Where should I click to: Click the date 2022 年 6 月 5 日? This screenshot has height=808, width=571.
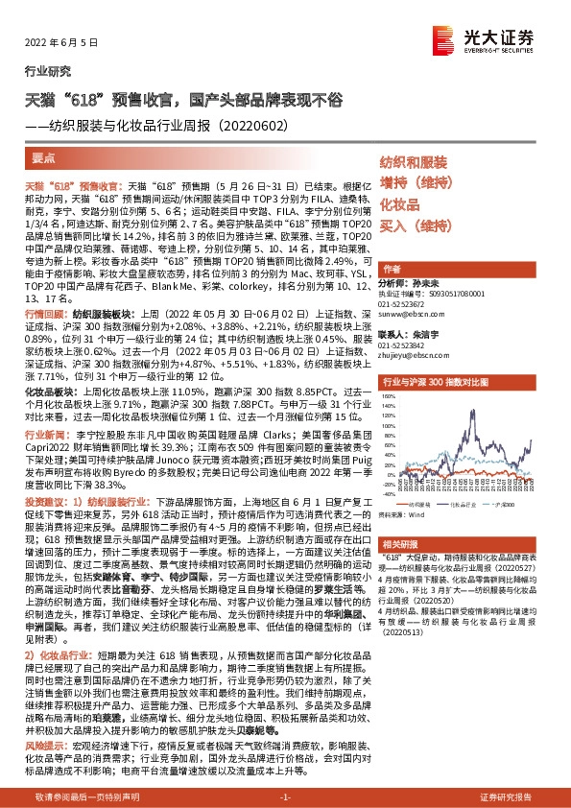[59, 42]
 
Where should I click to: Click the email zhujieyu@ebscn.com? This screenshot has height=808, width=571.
[409, 355]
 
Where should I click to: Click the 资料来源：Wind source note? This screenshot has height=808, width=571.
[409, 514]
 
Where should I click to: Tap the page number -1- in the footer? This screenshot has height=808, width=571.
[284, 797]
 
